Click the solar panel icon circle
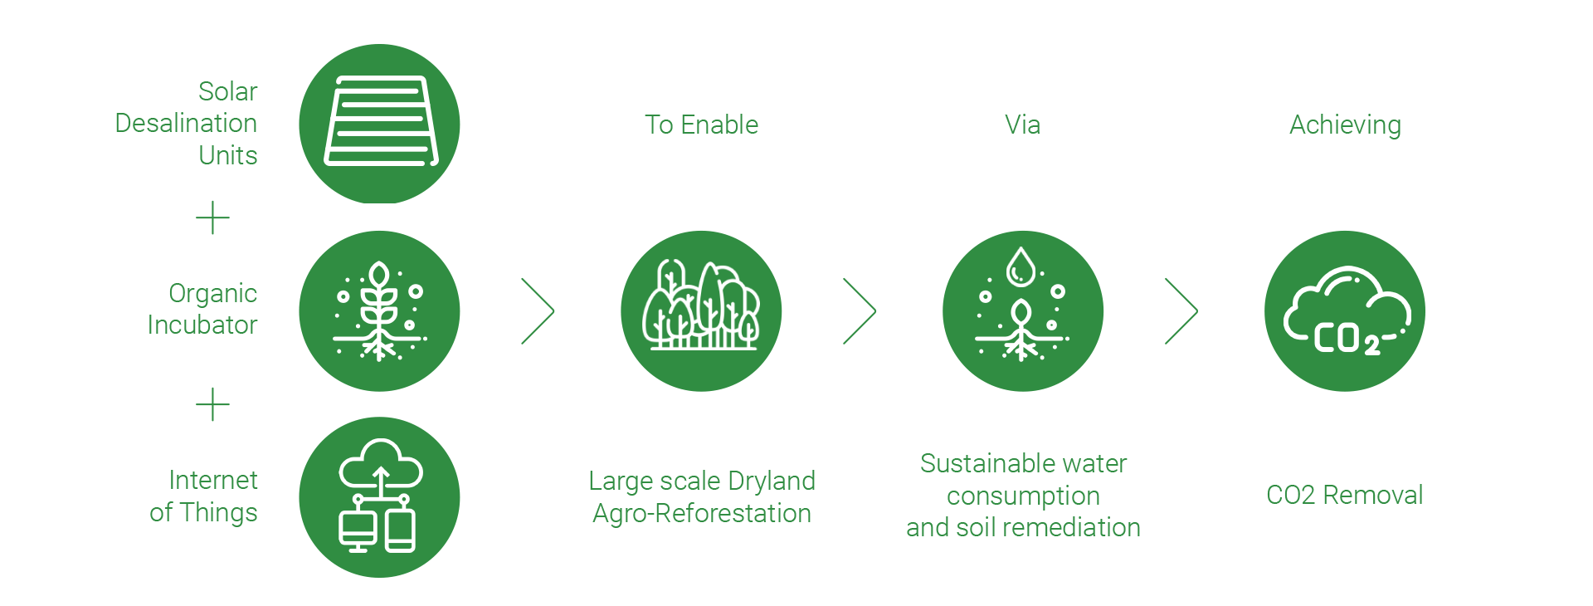(x=379, y=124)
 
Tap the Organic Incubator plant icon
(x=379, y=311)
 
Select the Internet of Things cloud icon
(x=379, y=497)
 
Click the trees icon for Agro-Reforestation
(x=701, y=311)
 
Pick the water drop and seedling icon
(x=1023, y=311)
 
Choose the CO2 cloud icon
(x=1345, y=311)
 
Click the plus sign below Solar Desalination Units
(x=212, y=217)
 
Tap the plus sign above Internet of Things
(x=212, y=404)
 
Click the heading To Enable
(x=702, y=125)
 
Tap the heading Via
(x=1023, y=125)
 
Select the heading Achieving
(x=1345, y=125)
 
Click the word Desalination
(x=186, y=123)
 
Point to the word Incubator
(x=202, y=325)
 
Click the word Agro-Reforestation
(x=702, y=514)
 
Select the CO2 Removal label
(x=1345, y=495)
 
